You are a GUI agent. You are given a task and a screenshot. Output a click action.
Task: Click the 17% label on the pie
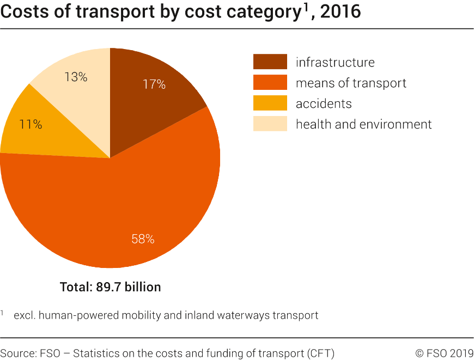click(154, 84)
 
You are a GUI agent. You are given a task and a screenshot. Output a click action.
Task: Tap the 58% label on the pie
click(143, 239)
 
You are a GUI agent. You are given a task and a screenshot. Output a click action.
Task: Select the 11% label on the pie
click(31, 124)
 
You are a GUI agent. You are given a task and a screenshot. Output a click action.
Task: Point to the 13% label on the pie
click(76, 77)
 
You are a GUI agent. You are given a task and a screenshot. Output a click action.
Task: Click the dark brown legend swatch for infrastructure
click(270, 62)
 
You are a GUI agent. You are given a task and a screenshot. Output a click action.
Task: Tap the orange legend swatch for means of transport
click(270, 83)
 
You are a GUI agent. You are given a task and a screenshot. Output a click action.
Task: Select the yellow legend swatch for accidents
click(270, 103)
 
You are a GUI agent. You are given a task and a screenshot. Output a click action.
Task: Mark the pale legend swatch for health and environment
click(270, 124)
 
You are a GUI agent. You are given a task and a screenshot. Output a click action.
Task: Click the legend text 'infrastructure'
click(335, 62)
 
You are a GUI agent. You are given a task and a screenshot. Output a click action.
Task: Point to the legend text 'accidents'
click(324, 103)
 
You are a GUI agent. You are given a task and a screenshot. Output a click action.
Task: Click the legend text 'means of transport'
click(351, 83)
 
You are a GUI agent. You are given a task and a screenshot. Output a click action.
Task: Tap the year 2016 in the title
click(341, 11)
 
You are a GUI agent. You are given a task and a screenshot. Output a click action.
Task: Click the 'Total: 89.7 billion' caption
click(110, 286)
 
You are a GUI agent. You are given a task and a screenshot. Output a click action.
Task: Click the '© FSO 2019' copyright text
click(444, 353)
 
